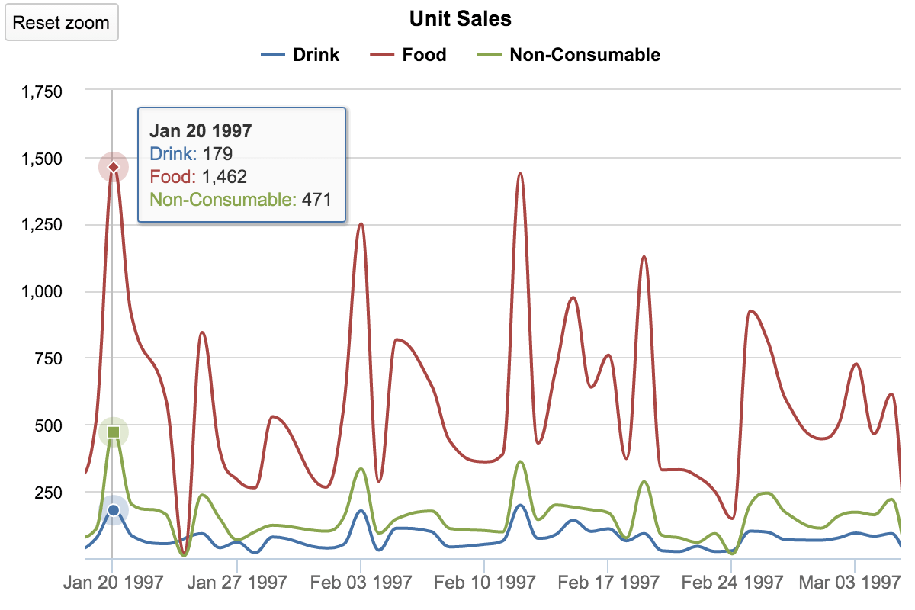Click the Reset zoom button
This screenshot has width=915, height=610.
tap(61, 23)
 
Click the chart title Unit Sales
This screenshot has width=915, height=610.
tap(460, 18)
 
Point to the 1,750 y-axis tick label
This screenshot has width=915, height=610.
tap(41, 91)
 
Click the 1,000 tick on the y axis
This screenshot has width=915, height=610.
tap(41, 291)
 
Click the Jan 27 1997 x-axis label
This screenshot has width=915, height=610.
tap(237, 583)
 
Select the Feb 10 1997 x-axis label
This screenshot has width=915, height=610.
tap(484, 583)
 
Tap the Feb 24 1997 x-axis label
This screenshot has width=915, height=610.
tap(731, 583)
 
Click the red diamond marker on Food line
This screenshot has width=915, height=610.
tap(114, 167)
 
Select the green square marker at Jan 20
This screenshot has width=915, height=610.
tap(114, 432)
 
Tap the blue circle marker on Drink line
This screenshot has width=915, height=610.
tap(114, 510)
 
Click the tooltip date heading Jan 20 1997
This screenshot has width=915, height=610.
tap(201, 130)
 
